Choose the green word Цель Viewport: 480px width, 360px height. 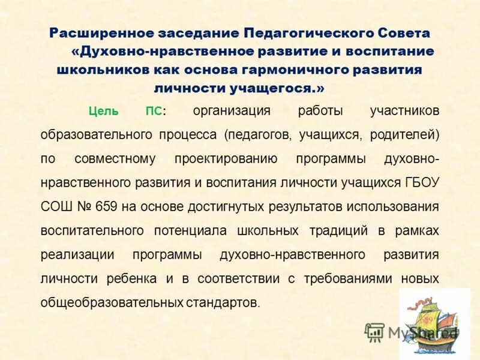pos(104,112)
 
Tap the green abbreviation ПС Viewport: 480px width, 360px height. pos(154,112)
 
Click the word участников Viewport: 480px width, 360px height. pos(404,111)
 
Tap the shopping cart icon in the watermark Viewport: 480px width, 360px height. pos(374,331)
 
